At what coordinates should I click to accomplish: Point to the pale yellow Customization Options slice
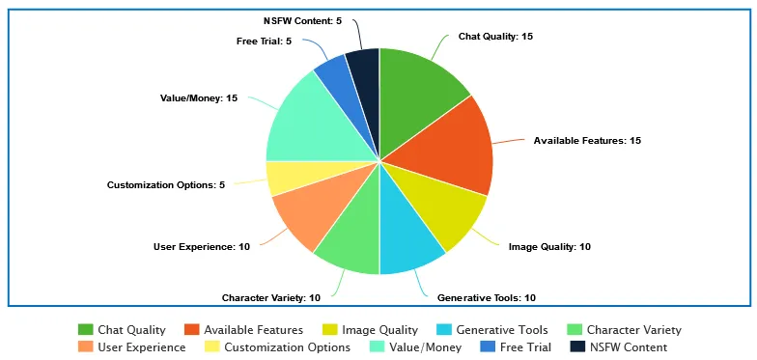(284, 178)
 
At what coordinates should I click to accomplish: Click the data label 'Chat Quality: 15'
(495, 36)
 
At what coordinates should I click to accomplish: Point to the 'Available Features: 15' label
(587, 140)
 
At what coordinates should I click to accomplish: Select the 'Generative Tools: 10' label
(487, 297)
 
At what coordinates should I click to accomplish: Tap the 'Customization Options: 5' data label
(165, 184)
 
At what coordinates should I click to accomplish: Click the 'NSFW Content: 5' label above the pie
(302, 20)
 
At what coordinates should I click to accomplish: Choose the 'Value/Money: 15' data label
(199, 97)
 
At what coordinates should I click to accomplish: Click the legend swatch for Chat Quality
(85, 330)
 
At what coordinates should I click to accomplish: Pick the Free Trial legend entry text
(525, 346)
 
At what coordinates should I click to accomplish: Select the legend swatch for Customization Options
(211, 346)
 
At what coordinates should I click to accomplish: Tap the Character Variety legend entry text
(633, 330)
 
